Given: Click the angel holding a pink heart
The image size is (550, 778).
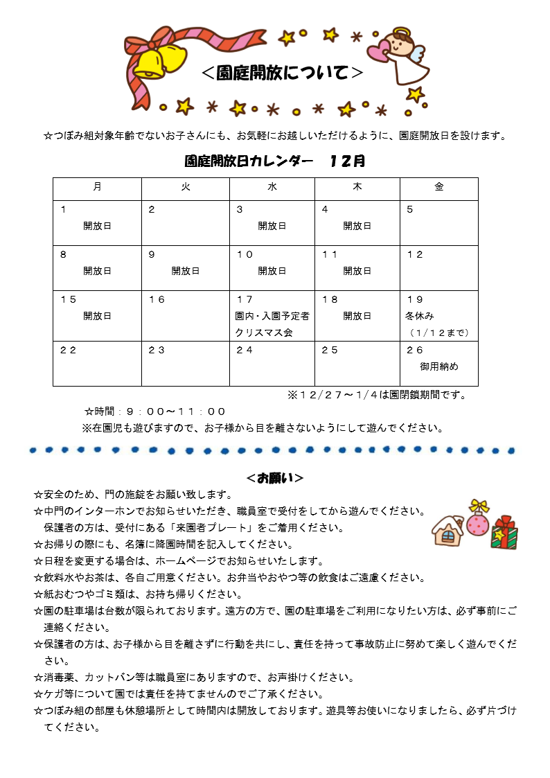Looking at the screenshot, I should pos(401,55).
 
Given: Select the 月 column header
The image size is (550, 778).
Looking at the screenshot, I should pos(97,188).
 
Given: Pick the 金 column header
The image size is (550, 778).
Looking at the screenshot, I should pos(439,188).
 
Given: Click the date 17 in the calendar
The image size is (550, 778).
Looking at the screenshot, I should pos(245,299).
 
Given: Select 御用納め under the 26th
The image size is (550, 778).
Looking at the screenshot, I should pos(439,366).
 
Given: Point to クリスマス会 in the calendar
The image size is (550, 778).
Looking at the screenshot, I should pos(264,333).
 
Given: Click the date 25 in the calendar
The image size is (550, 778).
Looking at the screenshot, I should pos(330,350).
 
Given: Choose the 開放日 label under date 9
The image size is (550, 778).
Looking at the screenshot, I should pos(186,271).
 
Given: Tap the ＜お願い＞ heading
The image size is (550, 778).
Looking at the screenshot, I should pos(275,478).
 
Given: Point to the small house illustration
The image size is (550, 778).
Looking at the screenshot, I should pos(447,530).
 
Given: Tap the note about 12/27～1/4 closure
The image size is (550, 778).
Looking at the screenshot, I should pos(377,395).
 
